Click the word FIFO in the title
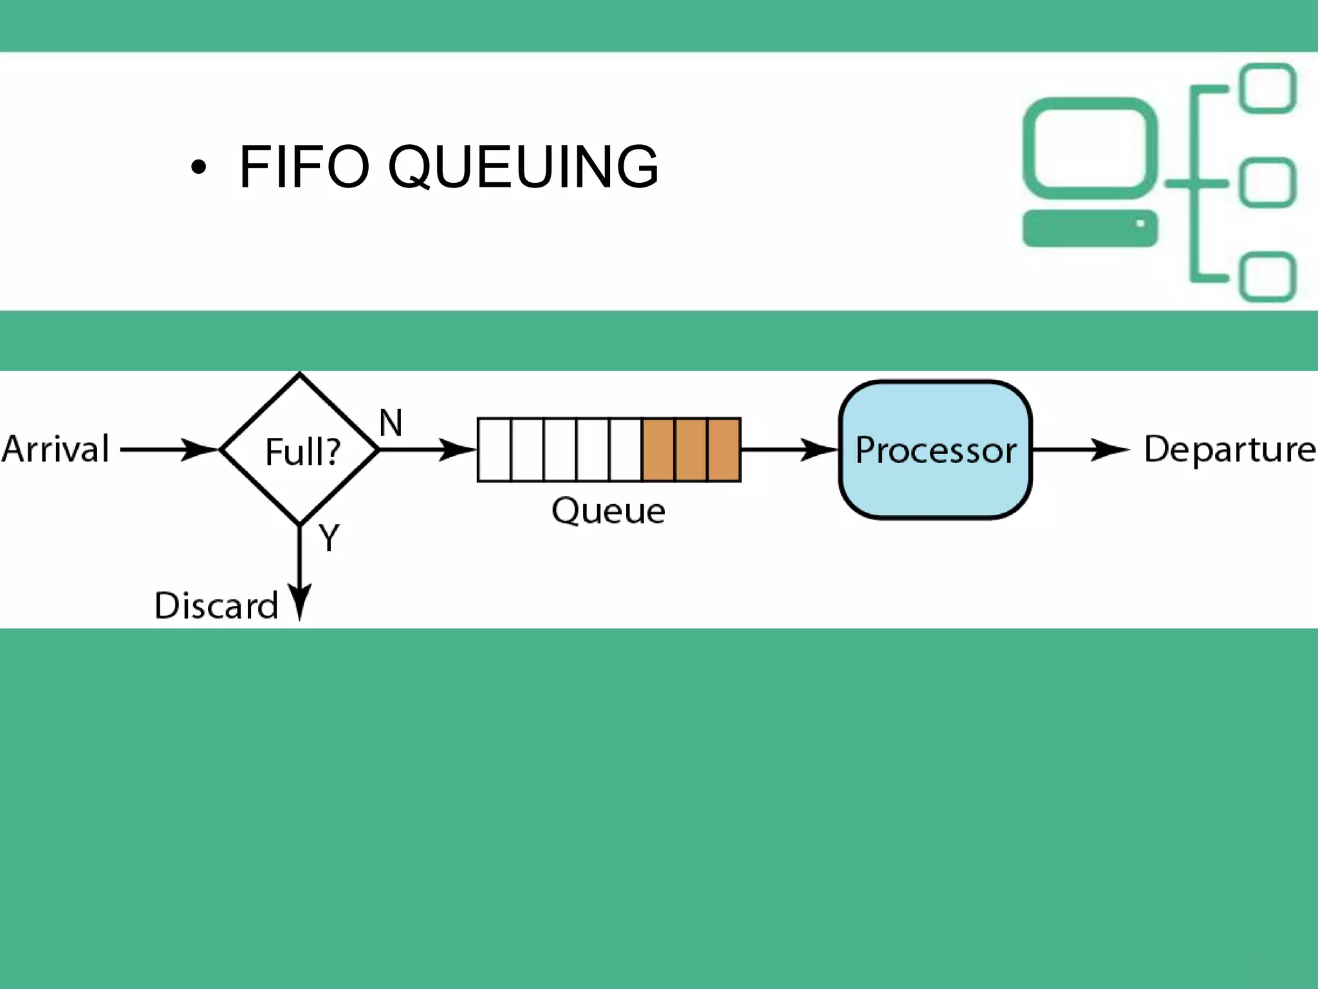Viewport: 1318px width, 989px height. [x=304, y=167]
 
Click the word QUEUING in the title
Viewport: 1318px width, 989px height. [x=523, y=167]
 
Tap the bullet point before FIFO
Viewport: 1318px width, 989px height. [x=199, y=168]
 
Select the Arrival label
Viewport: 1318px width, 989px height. [x=55, y=449]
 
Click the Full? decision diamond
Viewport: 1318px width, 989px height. [x=300, y=449]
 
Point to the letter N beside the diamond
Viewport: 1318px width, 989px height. [x=391, y=423]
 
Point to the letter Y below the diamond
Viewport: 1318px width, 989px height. [x=329, y=538]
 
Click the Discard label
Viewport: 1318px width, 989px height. [x=216, y=606]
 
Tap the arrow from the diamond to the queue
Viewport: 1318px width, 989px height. [x=427, y=449]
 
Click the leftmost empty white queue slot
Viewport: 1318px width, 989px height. [x=494, y=449]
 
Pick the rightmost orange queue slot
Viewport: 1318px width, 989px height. [x=724, y=449]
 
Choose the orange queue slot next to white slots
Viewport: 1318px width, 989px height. [x=658, y=449]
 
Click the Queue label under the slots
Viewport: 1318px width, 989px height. [x=608, y=512]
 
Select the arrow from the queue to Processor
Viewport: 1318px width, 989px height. [x=789, y=449]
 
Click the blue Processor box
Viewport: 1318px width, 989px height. [x=935, y=449]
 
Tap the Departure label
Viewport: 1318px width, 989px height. [x=1229, y=449]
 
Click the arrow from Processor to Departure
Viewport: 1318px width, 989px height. [x=1081, y=449]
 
